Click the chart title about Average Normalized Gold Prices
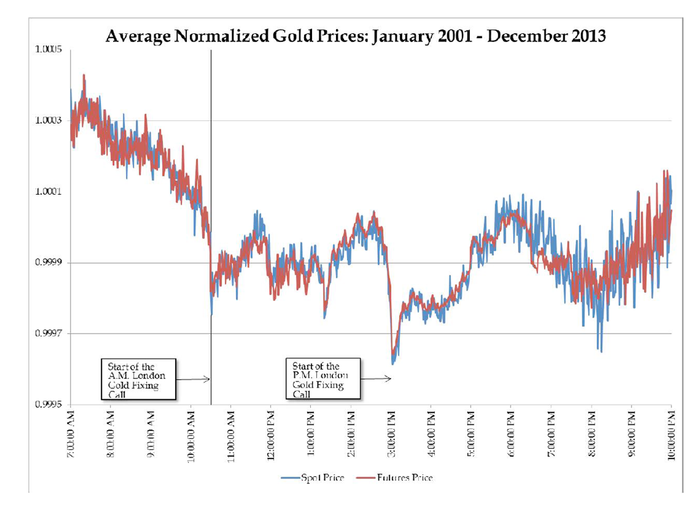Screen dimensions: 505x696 coord(356,36)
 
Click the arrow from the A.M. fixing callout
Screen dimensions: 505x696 coord(194,379)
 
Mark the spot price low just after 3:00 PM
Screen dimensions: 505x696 coord(393,364)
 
